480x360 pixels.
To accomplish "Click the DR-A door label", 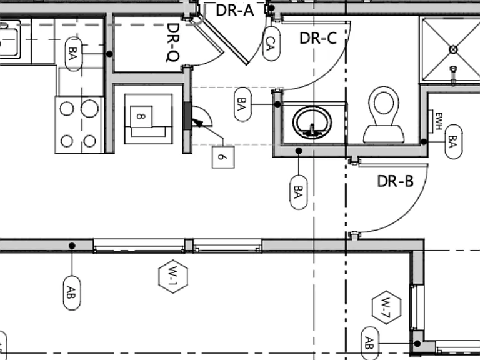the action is point(235,11).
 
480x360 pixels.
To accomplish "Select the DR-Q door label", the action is point(173,42).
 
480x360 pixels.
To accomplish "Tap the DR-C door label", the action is point(318,38).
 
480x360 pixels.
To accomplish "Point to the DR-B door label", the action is point(395,181).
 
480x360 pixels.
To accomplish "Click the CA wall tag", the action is point(271,44).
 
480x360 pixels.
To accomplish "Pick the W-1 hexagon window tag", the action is point(173,276).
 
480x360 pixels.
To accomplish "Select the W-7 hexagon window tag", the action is point(387,307).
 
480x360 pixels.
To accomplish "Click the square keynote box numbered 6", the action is point(223,157).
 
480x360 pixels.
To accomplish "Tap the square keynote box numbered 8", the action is point(141,117).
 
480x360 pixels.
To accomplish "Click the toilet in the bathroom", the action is point(384,115).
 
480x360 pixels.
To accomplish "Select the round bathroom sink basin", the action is point(312,122).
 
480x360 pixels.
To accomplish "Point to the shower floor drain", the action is point(453,49).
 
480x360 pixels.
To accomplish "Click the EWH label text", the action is point(439,121).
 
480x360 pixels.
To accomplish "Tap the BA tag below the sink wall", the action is point(299,192).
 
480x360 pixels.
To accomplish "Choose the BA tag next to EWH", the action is point(453,142).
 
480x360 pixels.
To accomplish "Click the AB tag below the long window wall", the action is point(72,293).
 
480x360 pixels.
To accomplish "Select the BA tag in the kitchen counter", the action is point(74,54).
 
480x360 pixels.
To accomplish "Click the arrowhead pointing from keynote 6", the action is point(197,123).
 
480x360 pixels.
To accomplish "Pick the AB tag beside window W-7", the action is point(370,343).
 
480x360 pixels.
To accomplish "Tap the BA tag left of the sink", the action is point(242,104).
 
